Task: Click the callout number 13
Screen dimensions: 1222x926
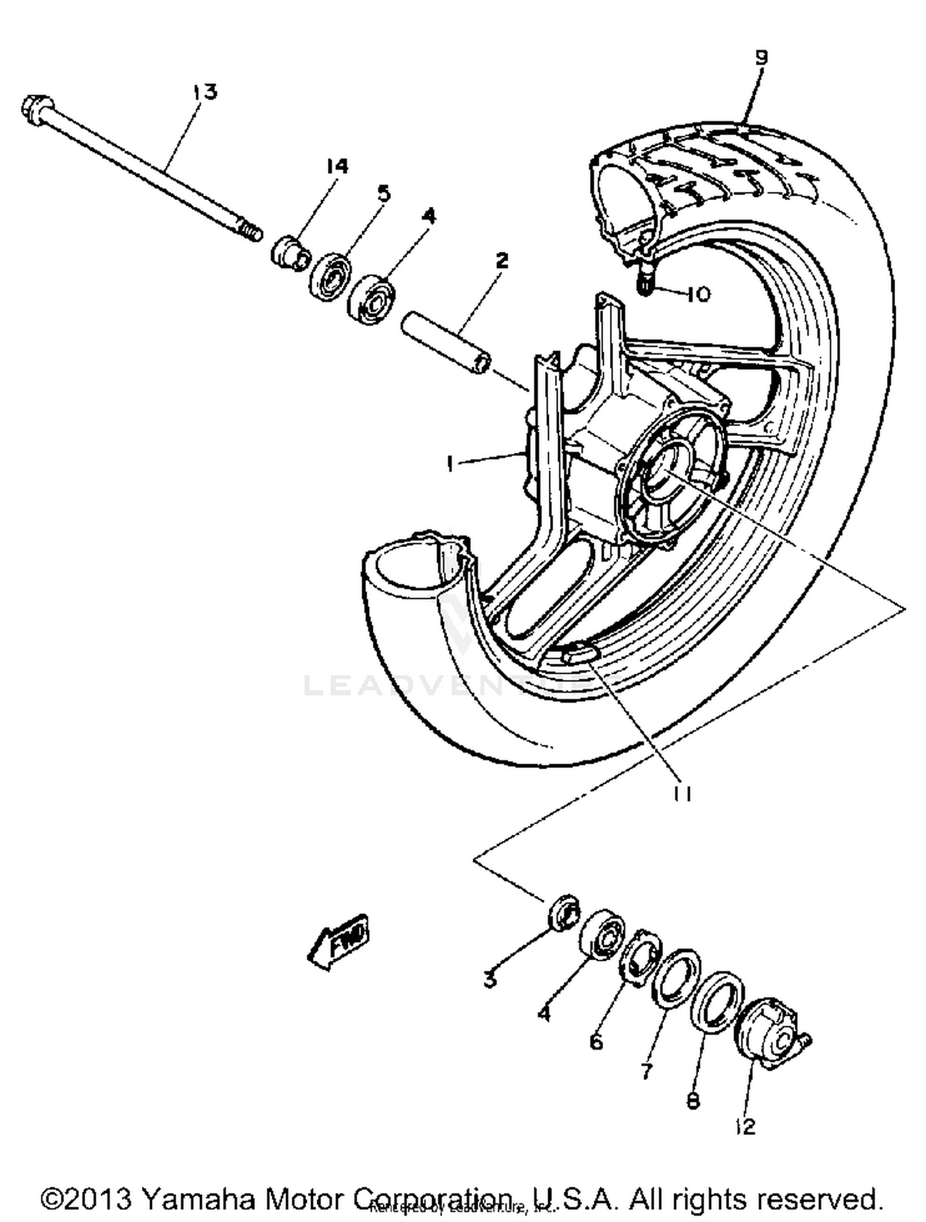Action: pyautogui.click(x=206, y=93)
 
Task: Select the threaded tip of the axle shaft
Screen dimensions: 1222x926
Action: pyautogui.click(x=250, y=233)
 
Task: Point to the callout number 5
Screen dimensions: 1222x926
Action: pyautogui.click(x=384, y=194)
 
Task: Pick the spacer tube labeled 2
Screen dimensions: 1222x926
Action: pyautogui.click(x=446, y=344)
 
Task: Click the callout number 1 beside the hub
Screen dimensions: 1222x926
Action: pyautogui.click(x=451, y=463)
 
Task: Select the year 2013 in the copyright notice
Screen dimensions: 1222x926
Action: pyautogui.click(x=97, y=1199)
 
